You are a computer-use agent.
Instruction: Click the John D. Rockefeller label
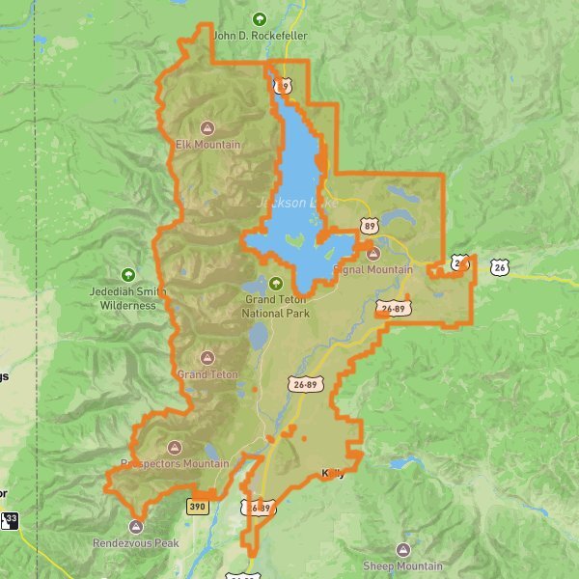[x=260, y=36]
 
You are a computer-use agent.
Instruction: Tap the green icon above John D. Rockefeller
[x=259, y=18]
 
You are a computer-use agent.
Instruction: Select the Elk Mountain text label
[x=207, y=145]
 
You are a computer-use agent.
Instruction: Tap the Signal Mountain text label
[x=372, y=270]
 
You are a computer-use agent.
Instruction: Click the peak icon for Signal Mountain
[x=373, y=253]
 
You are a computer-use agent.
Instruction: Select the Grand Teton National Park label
[x=276, y=306]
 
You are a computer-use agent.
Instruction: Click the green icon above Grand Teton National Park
[x=276, y=284]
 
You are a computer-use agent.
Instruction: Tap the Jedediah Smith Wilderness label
[x=128, y=299]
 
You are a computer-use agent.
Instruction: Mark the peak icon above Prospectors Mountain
[x=175, y=447]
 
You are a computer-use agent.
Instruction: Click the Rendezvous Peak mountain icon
[x=135, y=527]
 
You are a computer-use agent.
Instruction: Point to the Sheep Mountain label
[x=402, y=565]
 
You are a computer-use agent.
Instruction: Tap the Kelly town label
[x=332, y=473]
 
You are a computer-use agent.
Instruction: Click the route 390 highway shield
[x=198, y=506]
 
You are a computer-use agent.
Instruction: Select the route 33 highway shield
[x=9, y=521]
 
